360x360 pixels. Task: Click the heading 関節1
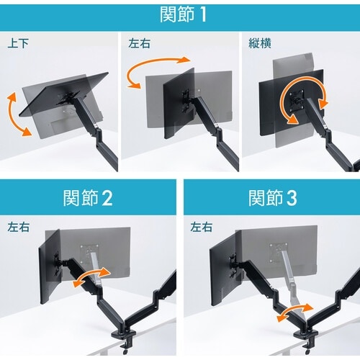tap(183, 14)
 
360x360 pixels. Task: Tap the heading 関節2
tap(88, 198)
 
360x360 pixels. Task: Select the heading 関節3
tap(273, 198)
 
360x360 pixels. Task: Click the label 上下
tap(18, 43)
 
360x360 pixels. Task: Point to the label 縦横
tap(260, 43)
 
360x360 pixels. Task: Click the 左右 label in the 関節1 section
tap(139, 43)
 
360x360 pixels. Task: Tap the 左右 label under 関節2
tap(18, 227)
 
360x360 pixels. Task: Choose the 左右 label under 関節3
tap(202, 227)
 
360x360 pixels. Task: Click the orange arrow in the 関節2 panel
tap(91, 276)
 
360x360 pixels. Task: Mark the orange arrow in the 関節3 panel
tap(295, 311)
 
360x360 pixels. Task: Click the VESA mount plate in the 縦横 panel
tap(297, 99)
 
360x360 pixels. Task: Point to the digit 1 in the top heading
tap(203, 15)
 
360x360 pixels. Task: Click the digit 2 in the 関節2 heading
tap(107, 198)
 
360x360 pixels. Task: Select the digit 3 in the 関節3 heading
tap(292, 198)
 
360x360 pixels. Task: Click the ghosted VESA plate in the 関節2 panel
tap(89, 253)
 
